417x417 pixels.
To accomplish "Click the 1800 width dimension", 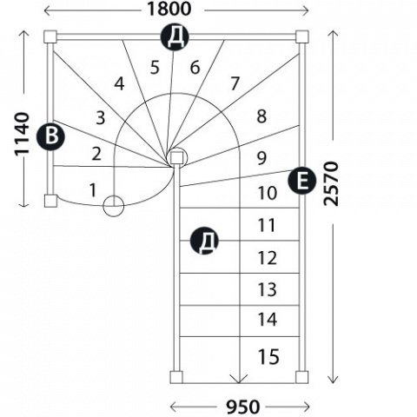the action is tap(169, 9).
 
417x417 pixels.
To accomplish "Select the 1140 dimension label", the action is tap(22, 134).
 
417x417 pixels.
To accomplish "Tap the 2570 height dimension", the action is tap(331, 183).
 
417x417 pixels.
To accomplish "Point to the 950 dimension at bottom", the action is tap(242, 407).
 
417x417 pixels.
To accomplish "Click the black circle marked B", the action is tap(50, 136).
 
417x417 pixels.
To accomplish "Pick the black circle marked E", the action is tap(302, 181).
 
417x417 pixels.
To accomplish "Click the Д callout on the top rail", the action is tap(175, 36).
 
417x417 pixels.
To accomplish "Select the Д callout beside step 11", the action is tap(204, 241).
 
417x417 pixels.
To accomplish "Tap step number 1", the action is tap(93, 190).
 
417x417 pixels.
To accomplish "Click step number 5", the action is tap(155, 68).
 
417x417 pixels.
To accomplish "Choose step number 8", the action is tap(261, 116).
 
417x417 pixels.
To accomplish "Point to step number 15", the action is tap(268, 356).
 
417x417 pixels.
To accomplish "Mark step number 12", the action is tap(268, 258).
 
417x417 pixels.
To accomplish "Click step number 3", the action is tap(101, 118).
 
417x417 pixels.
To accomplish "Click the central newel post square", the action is tap(175, 158).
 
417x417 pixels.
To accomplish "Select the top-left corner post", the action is tap(50, 36).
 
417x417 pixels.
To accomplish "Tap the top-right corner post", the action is tap(302, 36).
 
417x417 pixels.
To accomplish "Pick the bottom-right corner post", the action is tap(302, 377).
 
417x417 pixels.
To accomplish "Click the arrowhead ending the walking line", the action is tap(239, 379).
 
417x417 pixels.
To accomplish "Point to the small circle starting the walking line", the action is tap(114, 206).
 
